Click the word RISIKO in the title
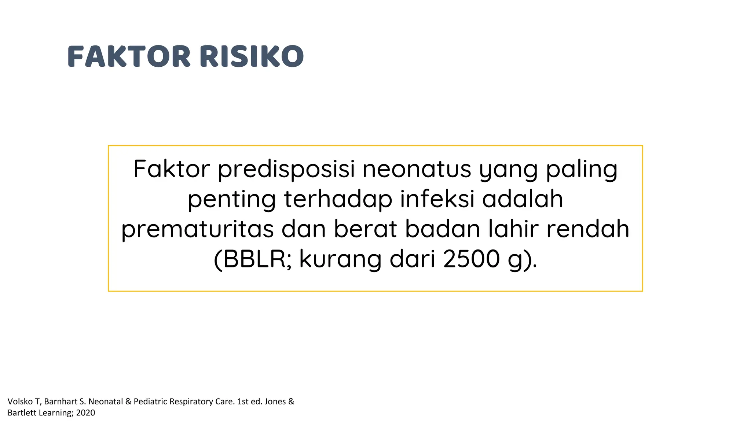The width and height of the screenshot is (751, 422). [x=252, y=56]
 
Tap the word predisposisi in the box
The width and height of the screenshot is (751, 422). [x=286, y=169]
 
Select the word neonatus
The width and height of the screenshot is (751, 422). [x=417, y=169]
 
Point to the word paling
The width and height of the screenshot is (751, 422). [x=582, y=169]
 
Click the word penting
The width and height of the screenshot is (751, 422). [x=232, y=199]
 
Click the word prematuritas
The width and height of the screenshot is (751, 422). [x=197, y=229]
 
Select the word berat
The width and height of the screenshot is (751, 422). [x=365, y=229]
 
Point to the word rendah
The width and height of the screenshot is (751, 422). [x=588, y=229]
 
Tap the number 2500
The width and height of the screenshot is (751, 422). [x=471, y=259]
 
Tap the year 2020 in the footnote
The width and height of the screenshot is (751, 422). [x=85, y=413]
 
